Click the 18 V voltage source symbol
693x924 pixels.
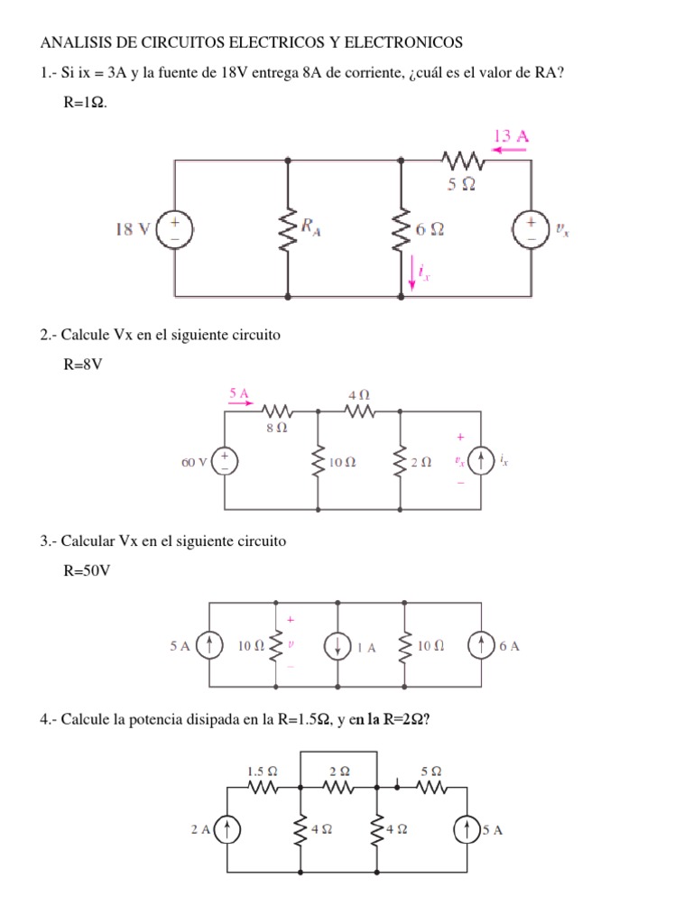175,229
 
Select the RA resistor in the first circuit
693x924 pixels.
288,229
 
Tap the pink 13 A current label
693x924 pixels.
511,136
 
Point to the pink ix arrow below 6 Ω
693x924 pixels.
413,273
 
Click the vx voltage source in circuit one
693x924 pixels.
531,229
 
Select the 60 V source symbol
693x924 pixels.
226,462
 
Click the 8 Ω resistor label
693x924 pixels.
276,429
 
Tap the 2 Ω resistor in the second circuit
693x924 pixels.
400,462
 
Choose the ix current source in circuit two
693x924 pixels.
483,462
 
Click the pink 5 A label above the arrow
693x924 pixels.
239,393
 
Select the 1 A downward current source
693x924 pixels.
337,646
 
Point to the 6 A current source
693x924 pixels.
480,646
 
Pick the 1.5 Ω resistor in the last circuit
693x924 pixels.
263,788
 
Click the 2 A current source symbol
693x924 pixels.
227,830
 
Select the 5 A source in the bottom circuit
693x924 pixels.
467,830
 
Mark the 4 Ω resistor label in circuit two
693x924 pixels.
358,395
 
